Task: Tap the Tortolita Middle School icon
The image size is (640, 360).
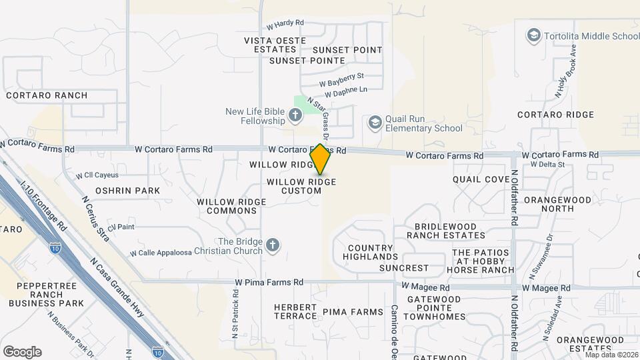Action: pos(533,35)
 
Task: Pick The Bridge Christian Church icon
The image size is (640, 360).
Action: pos(272,246)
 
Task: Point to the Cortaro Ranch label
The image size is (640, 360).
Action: pos(47,95)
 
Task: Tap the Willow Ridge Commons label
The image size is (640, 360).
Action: pos(227,206)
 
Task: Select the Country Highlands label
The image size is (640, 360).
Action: pos(372,252)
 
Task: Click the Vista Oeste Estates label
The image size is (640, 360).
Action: pos(271,45)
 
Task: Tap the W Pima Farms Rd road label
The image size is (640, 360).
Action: pos(269,283)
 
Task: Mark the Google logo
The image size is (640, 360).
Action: pos(22,352)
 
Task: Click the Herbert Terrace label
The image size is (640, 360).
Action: pos(295,311)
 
